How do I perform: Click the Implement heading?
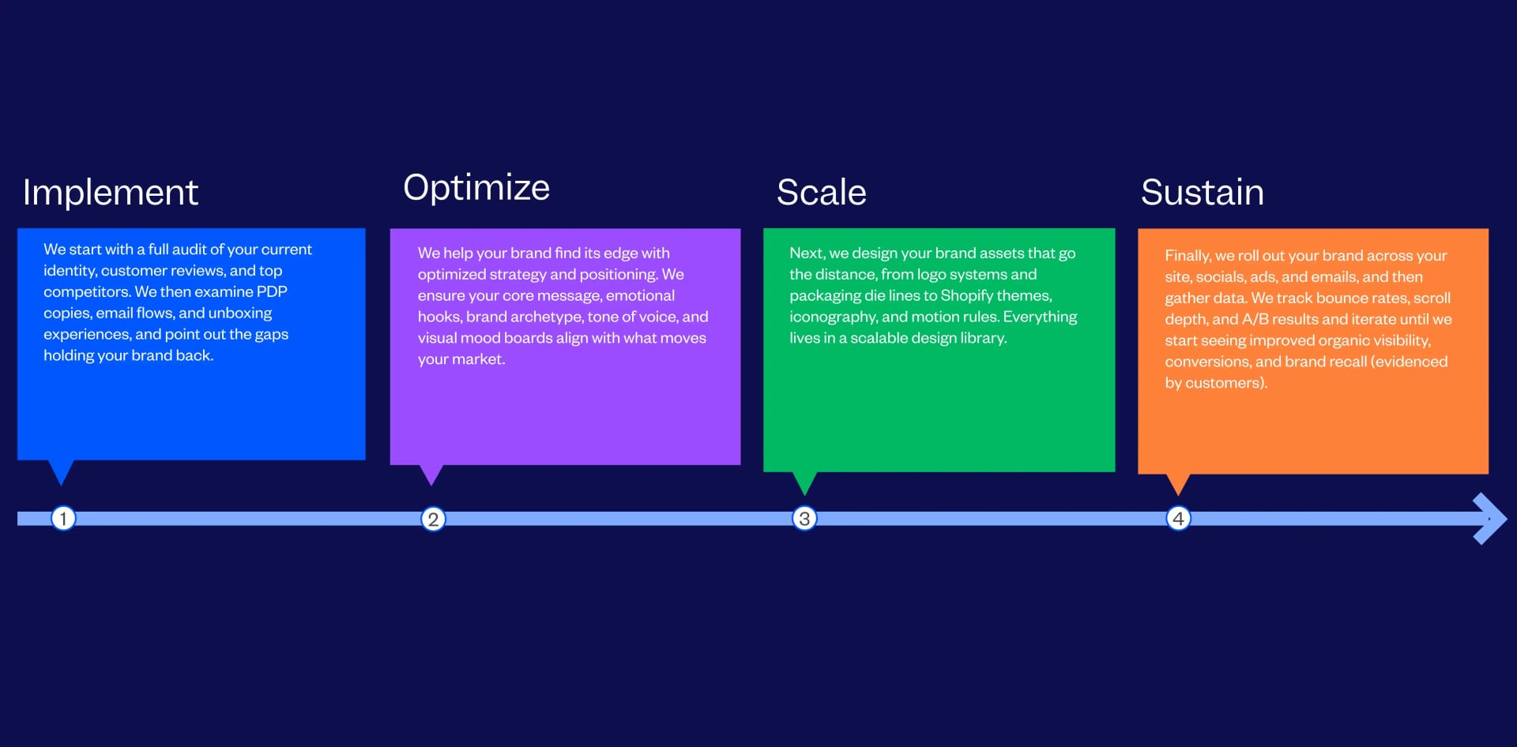point(110,193)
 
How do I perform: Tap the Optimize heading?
point(476,188)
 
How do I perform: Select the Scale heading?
point(821,193)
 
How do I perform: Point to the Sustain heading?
point(1202,193)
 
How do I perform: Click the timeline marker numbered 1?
point(63,519)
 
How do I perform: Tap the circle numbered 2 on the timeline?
point(433,520)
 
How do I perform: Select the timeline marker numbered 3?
point(804,519)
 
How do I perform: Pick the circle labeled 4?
point(1178,519)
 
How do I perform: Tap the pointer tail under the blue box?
point(61,471)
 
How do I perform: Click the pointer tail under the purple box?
point(431,474)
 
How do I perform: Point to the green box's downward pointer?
point(804,482)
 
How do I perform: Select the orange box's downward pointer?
point(1178,483)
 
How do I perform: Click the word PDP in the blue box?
point(272,292)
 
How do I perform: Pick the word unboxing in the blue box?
point(240,313)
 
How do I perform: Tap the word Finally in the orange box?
point(1188,256)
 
